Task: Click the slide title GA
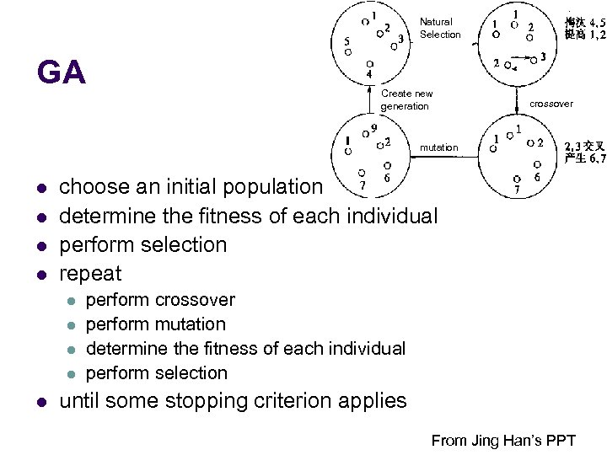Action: coord(62,73)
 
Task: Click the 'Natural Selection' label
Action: coord(440,28)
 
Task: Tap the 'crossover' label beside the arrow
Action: coord(551,104)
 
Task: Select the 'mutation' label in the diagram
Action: coord(439,147)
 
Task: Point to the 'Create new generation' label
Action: coord(406,99)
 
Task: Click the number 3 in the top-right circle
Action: coord(543,56)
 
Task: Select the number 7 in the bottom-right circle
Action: coord(517,190)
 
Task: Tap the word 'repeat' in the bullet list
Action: coord(90,273)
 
